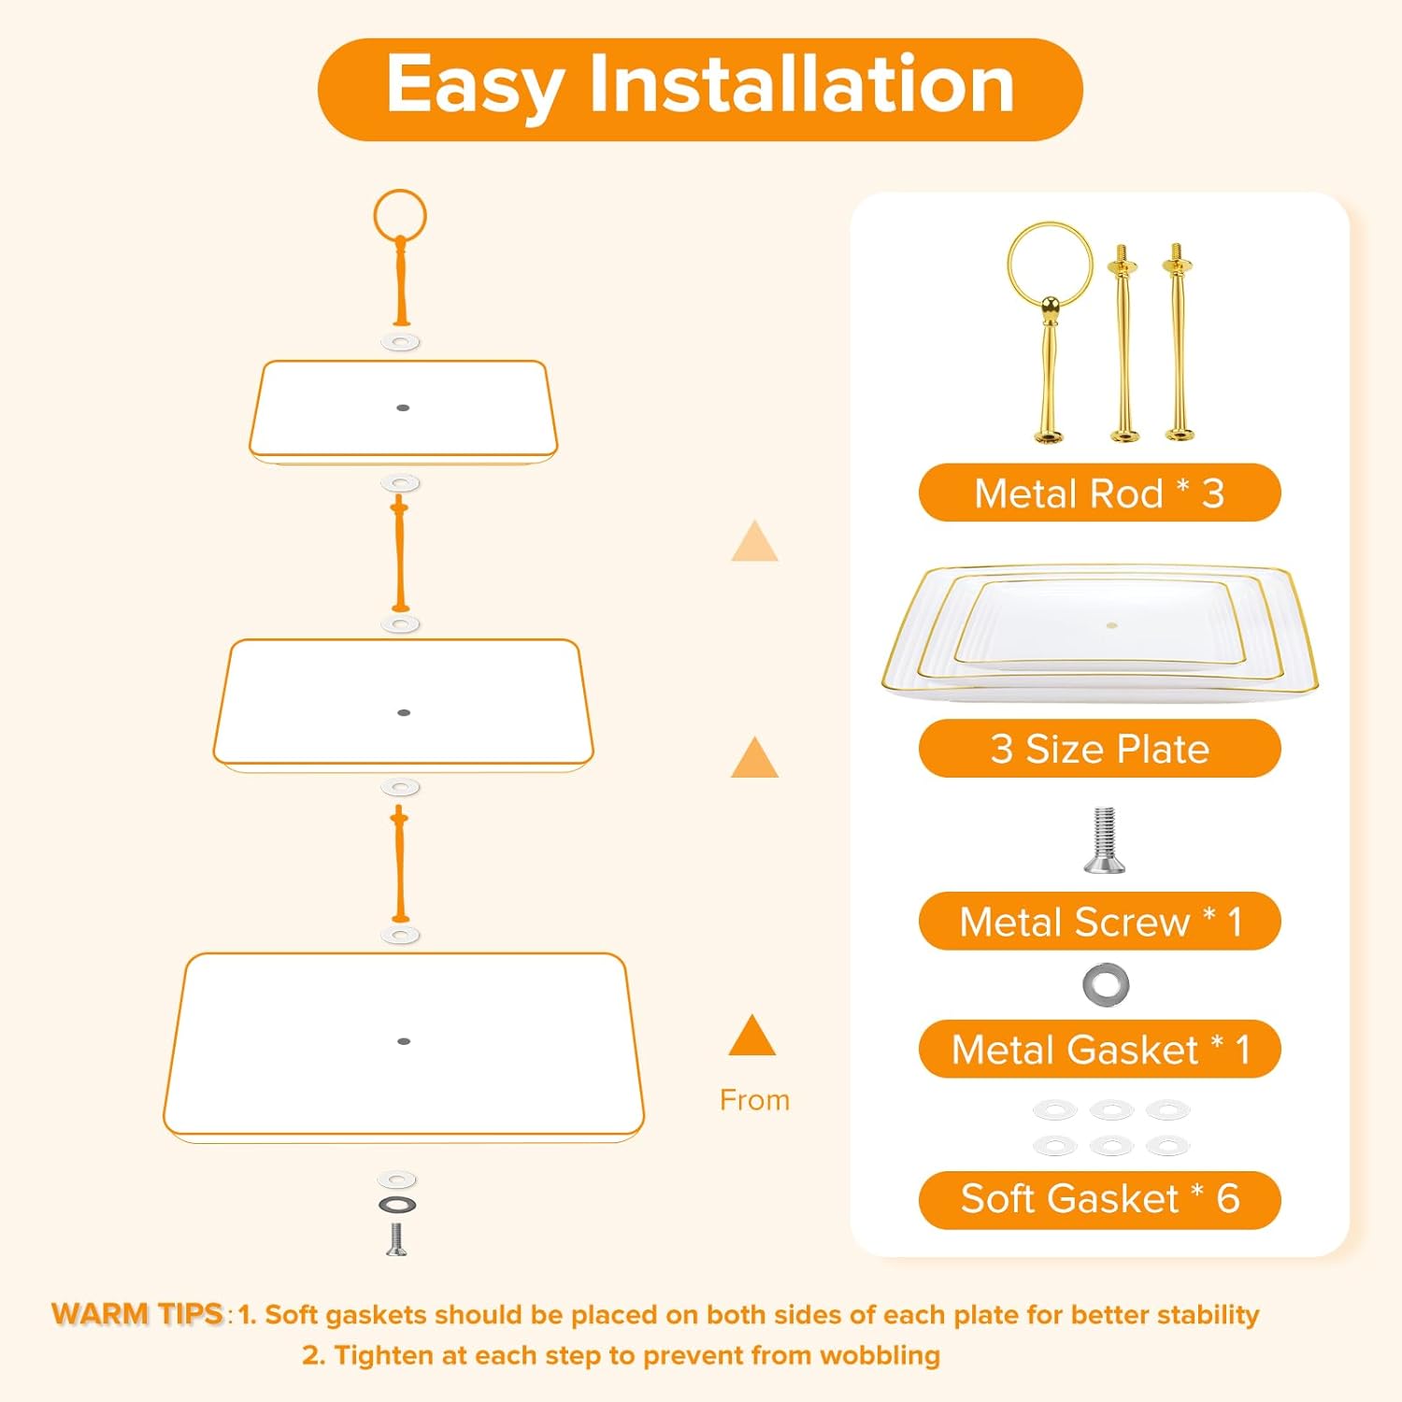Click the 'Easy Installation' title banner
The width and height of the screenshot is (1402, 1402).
click(x=700, y=89)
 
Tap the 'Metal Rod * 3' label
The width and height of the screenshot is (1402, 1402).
click(x=1099, y=493)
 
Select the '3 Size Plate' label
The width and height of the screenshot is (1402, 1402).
click(x=1099, y=749)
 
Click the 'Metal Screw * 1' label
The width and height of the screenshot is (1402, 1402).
click(x=1099, y=922)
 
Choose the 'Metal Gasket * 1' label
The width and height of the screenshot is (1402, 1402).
click(x=1099, y=1049)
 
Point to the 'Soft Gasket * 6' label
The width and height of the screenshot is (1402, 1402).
click(x=1099, y=1199)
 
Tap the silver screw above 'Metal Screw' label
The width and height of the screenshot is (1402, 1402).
click(x=1104, y=839)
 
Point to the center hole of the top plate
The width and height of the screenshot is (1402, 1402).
click(x=403, y=408)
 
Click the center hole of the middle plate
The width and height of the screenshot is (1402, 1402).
click(x=404, y=712)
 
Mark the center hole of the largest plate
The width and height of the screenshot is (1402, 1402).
click(x=404, y=1040)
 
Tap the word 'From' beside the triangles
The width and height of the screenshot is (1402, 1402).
click(x=754, y=1100)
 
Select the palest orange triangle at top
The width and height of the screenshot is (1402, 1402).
click(x=755, y=541)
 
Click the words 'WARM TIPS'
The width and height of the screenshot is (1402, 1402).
click(x=137, y=1313)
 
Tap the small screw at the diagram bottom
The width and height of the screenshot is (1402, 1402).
click(x=396, y=1239)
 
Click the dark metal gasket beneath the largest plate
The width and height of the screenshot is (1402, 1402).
click(x=397, y=1204)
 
